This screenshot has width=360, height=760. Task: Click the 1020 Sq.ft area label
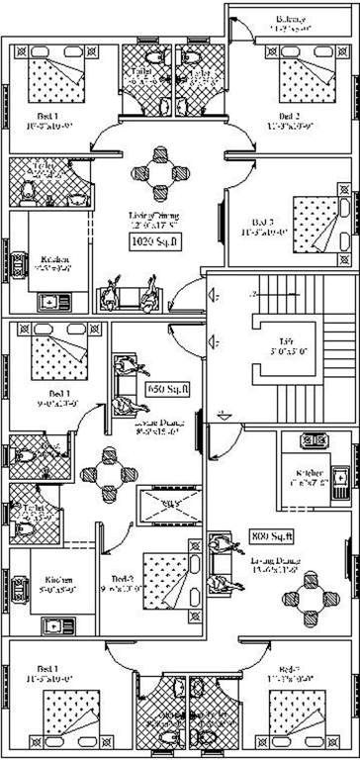click(152, 267)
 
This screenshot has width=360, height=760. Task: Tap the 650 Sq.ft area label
click(167, 390)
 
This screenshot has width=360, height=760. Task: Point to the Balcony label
click(290, 21)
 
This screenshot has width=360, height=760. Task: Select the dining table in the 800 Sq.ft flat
click(299, 604)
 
